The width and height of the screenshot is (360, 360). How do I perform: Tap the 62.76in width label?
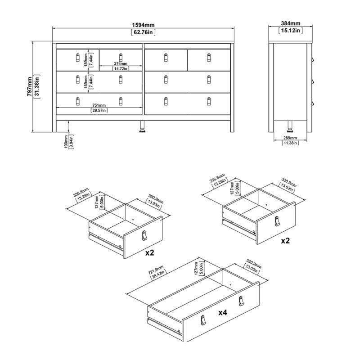click(x=143, y=32)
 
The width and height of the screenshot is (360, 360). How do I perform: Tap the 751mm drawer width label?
click(x=98, y=105)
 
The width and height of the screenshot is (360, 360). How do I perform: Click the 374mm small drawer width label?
click(x=120, y=63)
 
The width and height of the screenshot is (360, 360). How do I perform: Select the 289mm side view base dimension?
click(x=288, y=137)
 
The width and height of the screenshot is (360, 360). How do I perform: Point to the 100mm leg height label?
click(x=66, y=141)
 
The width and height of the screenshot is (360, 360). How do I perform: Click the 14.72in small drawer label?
click(x=120, y=68)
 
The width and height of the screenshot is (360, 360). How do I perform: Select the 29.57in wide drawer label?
click(x=98, y=110)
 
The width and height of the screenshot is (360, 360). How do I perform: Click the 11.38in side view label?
click(x=288, y=143)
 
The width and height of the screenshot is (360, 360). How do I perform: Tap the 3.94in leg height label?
click(x=72, y=141)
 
